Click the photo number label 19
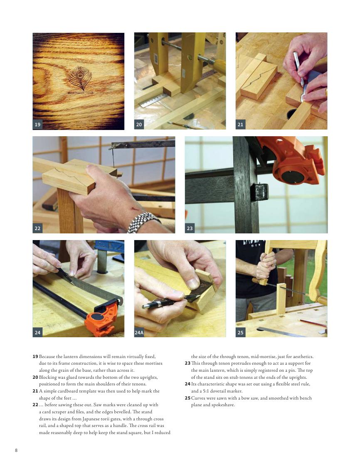[x=37, y=125]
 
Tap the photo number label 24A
[x=139, y=333]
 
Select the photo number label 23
[x=190, y=228]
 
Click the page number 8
[x=16, y=450]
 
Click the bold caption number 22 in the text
[x=35, y=405]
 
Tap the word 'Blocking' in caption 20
[x=48, y=378]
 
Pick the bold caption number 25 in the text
[x=187, y=398]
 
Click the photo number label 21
[x=240, y=125]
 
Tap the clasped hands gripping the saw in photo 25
[x=266, y=266]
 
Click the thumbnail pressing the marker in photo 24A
[x=193, y=284]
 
